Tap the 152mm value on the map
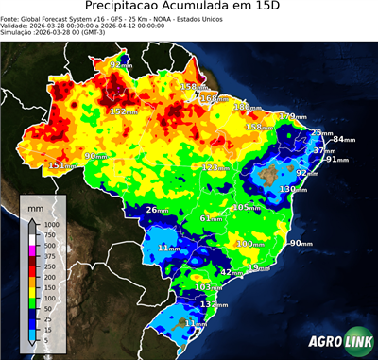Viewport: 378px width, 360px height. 123,111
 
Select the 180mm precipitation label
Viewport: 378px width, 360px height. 245,108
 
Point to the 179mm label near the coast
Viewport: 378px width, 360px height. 292,116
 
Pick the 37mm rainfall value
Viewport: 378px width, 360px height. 325,150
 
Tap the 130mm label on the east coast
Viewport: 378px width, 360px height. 292,189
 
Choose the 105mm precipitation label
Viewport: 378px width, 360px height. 246,207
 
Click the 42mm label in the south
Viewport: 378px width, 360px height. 232,271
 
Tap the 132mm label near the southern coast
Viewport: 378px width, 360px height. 215,305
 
